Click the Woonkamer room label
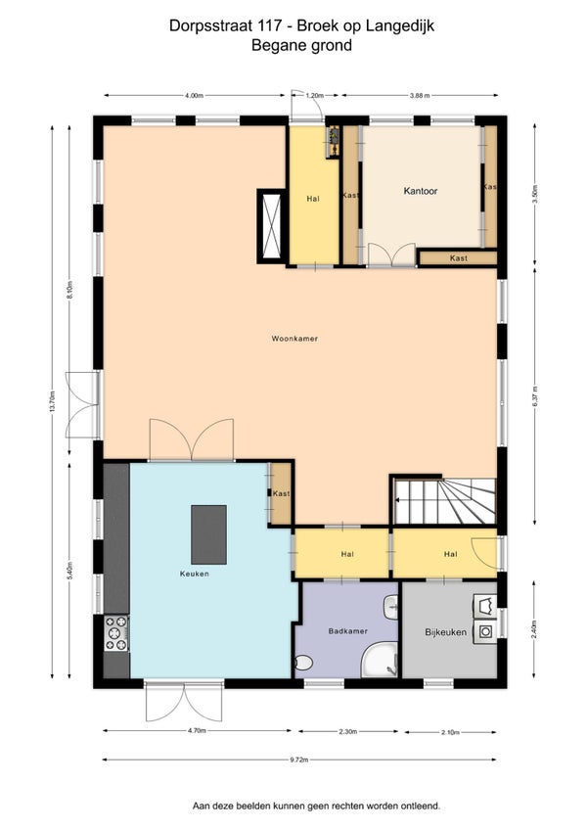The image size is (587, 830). click(294, 339)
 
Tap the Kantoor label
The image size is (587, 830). click(421, 191)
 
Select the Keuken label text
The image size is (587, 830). click(195, 574)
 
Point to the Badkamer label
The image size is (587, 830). click(347, 631)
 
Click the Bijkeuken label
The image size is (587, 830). click(446, 632)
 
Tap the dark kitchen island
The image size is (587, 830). click(208, 534)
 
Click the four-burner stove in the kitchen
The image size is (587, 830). click(115, 633)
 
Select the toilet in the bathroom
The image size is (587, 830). click(303, 663)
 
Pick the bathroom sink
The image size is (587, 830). click(391, 607)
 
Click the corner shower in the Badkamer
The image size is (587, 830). click(380, 660)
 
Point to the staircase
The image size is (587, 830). click(444, 501)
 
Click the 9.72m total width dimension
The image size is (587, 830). click(299, 760)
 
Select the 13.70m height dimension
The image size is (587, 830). click(52, 401)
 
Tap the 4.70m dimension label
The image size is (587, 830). click(197, 730)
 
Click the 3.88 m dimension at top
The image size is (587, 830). click(419, 95)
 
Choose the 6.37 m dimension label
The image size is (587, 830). click(534, 397)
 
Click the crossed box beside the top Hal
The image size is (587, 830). click(270, 226)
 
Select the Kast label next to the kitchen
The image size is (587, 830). click(281, 493)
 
